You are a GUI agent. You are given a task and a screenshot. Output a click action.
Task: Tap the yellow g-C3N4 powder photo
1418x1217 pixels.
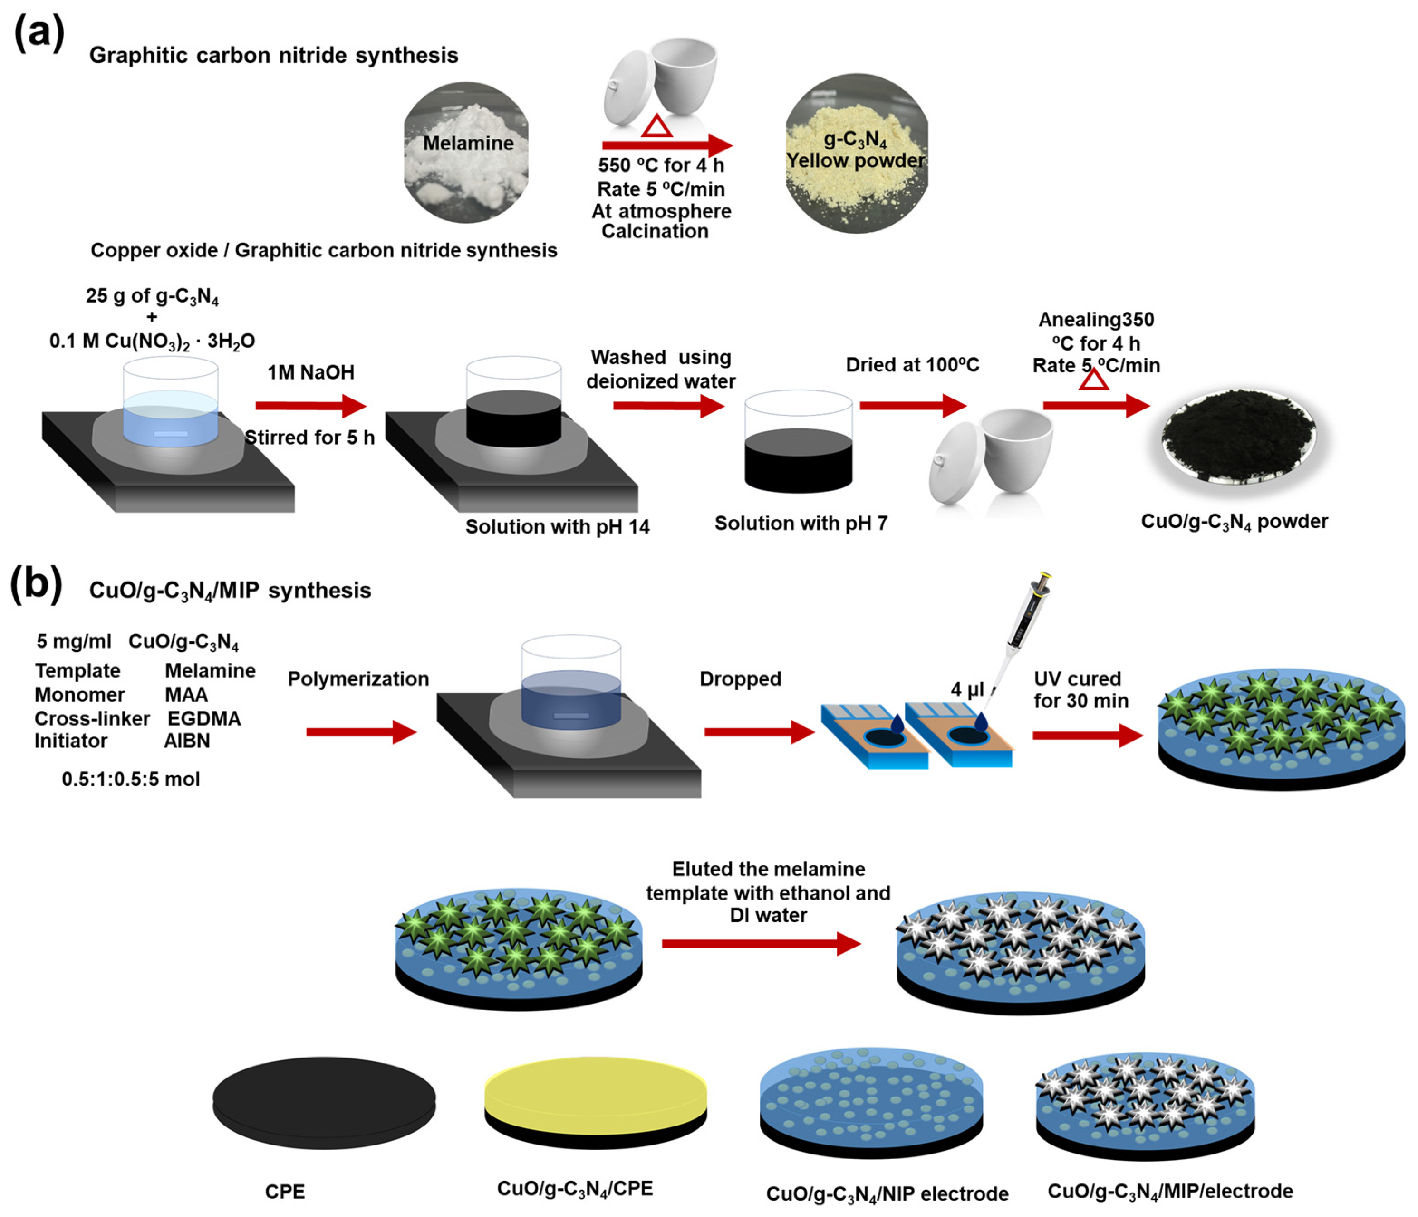(x=856, y=154)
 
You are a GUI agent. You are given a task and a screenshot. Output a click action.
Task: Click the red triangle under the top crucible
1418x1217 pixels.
(x=657, y=126)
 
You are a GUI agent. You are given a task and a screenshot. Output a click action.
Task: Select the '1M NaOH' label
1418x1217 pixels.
(x=311, y=372)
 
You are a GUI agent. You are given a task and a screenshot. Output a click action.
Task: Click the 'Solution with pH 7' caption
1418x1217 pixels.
(x=801, y=523)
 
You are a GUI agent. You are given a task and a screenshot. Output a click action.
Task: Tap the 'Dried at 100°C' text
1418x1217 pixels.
(x=912, y=365)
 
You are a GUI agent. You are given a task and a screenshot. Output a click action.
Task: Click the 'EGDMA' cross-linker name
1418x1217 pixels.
(x=204, y=718)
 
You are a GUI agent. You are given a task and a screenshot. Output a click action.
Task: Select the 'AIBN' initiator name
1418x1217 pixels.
(x=187, y=741)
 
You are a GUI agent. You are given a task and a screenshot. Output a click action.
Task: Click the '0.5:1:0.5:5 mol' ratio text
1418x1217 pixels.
(x=131, y=779)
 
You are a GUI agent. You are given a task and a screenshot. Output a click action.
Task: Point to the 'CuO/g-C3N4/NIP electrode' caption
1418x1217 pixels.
(x=887, y=1194)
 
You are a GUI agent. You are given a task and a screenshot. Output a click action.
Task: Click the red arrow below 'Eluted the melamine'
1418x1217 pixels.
(x=760, y=944)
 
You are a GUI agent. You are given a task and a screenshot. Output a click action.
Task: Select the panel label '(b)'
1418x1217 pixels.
(x=36, y=585)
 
